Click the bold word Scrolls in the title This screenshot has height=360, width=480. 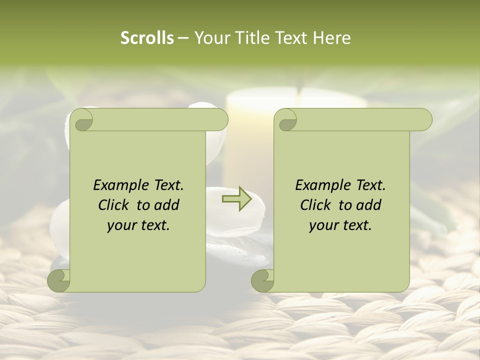coord(147,38)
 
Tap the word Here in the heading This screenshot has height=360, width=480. coord(331,38)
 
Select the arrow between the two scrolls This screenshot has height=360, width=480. coord(236,199)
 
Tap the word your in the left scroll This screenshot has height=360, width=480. coord(120,226)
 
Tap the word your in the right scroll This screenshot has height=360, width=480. coord(322,226)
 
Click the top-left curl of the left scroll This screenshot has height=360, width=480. coord(81,120)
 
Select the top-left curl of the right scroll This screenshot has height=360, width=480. coord(285,120)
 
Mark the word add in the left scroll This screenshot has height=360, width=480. coord(166,205)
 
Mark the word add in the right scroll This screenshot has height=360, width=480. coord(368,205)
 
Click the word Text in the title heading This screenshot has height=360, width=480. coord(290,38)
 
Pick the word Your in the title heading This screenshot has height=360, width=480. coord(209,38)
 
